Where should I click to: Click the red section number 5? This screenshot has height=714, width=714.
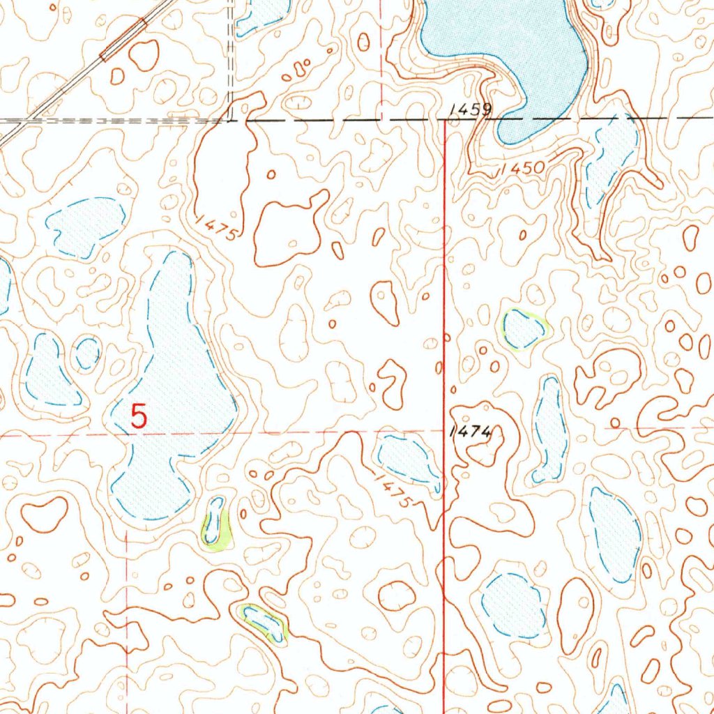(x=139, y=416)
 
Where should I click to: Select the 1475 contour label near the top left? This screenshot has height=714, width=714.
(x=218, y=228)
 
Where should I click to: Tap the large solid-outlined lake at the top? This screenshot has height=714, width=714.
(x=509, y=42)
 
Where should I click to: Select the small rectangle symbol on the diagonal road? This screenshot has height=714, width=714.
(x=123, y=40)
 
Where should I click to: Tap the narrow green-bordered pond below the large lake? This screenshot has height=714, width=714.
(x=215, y=521)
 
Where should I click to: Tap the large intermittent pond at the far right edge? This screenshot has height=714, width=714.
(x=614, y=533)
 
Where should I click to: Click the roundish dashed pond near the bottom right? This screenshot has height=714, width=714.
(x=515, y=605)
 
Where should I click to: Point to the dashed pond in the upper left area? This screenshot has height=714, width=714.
(x=86, y=225)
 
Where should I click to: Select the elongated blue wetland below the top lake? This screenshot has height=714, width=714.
(x=612, y=159)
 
